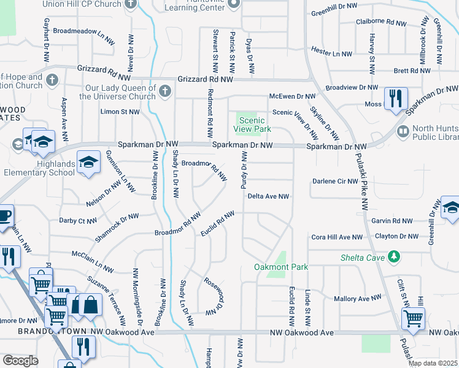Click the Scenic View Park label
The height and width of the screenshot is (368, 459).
pos(252,125)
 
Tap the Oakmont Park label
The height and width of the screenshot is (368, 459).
pos(281,267)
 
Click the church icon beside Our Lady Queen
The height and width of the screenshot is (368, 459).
pos(164,92)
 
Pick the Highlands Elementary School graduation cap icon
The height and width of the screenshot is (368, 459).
pos(89,163)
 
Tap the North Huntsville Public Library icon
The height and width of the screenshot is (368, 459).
pos(403,131)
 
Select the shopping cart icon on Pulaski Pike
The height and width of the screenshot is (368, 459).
pos(412,318)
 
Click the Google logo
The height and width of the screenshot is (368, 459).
pos(20,360)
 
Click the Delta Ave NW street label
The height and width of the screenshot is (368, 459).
pos(268,197)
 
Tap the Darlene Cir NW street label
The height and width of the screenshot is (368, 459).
pos(335,182)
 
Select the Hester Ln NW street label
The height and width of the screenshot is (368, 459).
pos(331,54)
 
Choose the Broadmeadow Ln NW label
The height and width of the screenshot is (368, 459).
pos(83,30)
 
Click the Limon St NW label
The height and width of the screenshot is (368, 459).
pos(120,112)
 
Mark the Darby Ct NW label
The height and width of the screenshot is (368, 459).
pos(77,220)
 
